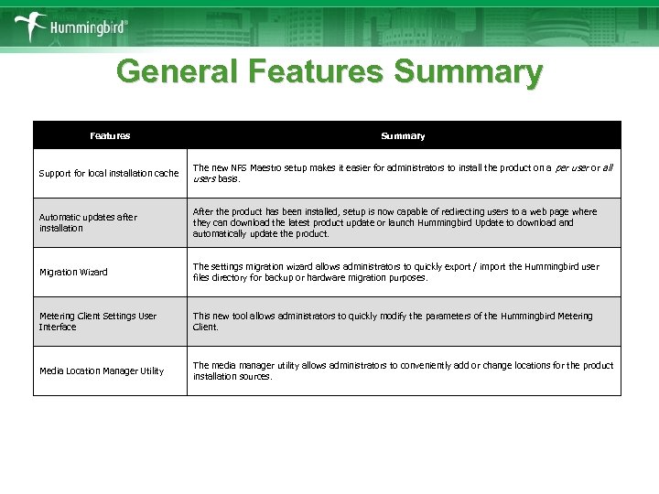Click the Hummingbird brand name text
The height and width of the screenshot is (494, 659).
pos(88,27)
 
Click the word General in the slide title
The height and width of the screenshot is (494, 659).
pos(171,72)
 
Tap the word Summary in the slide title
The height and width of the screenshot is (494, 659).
pos(468,72)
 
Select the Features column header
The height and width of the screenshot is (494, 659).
pos(110,135)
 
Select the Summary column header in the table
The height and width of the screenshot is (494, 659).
pos(403,135)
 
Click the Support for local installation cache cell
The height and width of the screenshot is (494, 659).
pos(109,173)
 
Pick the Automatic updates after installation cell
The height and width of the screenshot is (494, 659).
pos(88,222)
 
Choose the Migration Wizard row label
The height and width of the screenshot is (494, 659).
pos(73,272)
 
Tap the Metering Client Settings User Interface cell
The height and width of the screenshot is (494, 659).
pos(98,321)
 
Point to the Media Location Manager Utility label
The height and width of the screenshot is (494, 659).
pos(102,370)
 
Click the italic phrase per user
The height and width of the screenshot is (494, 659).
pos(573,168)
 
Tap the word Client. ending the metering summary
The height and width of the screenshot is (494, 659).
pos(206,327)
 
